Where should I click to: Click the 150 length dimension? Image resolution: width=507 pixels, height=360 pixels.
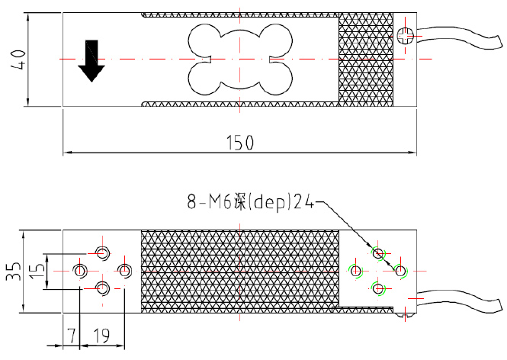[x=240, y=143]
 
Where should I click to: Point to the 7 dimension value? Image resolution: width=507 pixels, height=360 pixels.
[x=70, y=334]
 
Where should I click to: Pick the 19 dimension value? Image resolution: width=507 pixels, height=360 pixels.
[x=101, y=334]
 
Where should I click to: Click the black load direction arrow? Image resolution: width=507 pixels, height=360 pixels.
[x=92, y=61]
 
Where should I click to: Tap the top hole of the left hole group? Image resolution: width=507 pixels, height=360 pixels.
[x=102, y=252]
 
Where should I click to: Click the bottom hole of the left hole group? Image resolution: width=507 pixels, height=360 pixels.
[x=102, y=287]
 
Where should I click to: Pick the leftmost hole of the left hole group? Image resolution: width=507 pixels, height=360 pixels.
[x=79, y=269]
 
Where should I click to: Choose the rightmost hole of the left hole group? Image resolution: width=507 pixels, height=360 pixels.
[x=125, y=269]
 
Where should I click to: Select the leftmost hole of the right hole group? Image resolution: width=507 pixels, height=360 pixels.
[x=355, y=269]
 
